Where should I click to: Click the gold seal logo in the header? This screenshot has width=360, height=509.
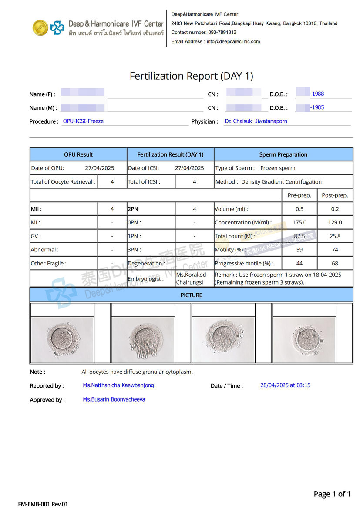[x=40, y=28]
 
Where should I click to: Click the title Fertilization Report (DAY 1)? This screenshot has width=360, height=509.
[x=191, y=76]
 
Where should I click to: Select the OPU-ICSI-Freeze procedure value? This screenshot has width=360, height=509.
[x=83, y=121]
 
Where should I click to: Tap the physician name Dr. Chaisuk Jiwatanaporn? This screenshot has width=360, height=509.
[x=256, y=121]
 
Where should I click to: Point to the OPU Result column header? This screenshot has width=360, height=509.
[x=78, y=154]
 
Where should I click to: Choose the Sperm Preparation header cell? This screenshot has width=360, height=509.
[x=283, y=154]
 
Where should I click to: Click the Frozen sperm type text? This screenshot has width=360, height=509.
[x=278, y=168]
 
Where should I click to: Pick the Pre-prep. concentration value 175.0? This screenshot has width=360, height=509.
[x=299, y=222]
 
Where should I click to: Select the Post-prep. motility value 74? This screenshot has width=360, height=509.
[x=335, y=250]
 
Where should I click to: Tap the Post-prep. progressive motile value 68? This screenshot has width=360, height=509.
[x=335, y=263]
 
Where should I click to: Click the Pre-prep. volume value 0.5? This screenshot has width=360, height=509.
[x=299, y=209]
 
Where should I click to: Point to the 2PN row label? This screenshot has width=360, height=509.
[x=133, y=209]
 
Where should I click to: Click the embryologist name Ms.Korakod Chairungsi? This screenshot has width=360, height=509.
[x=191, y=278]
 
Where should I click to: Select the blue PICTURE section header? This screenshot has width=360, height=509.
[x=191, y=295]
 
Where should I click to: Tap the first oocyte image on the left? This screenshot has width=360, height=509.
[x=63, y=339]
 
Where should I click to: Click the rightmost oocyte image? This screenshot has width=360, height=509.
[x=304, y=339]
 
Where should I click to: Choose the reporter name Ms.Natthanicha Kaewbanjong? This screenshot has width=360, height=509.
[x=118, y=385]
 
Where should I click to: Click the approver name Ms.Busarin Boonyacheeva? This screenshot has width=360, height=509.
[x=114, y=399]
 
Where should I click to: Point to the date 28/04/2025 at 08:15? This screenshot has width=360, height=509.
[x=285, y=385]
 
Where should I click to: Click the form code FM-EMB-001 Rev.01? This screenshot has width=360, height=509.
[x=43, y=504]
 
